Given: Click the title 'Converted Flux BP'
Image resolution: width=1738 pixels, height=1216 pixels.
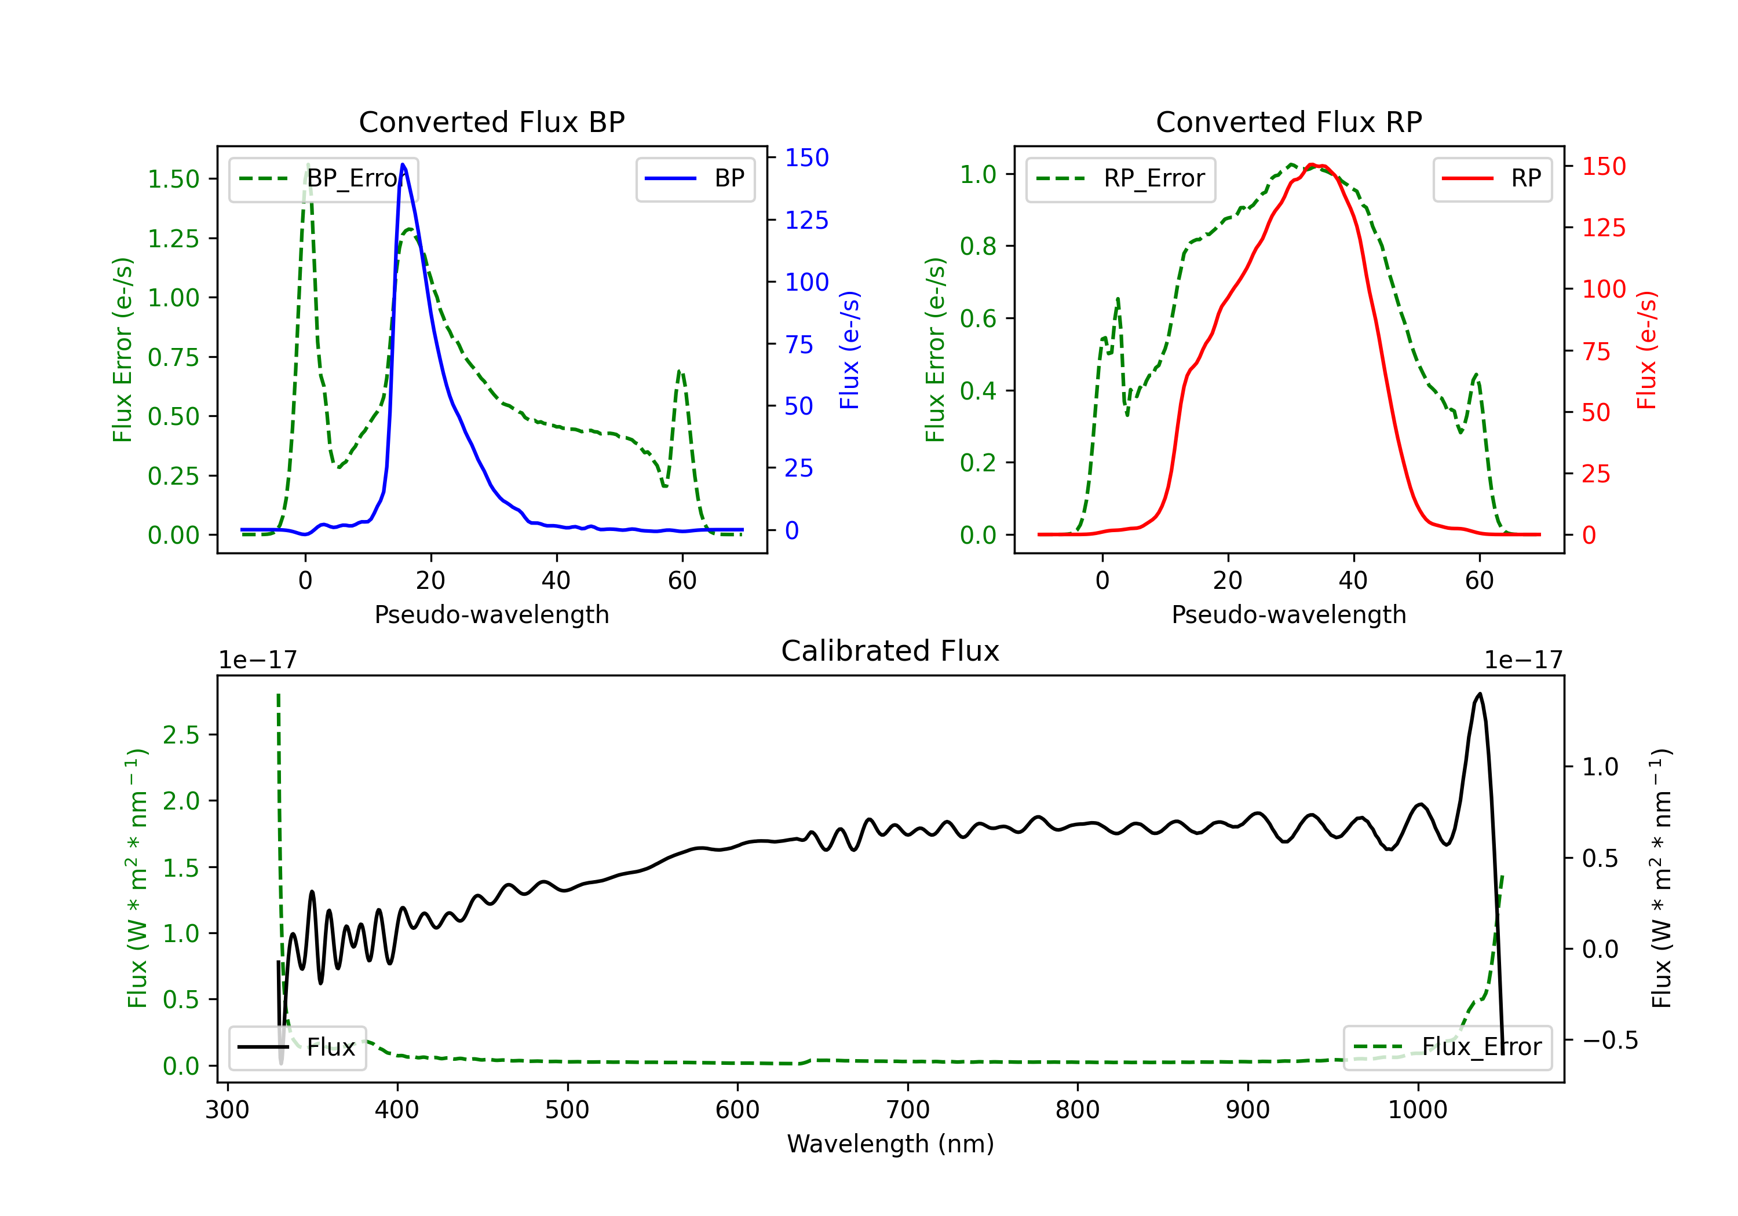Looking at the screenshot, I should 491,122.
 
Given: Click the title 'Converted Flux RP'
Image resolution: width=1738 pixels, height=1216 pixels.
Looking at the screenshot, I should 1288,122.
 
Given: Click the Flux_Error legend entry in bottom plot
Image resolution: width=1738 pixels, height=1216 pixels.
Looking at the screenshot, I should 1447,1047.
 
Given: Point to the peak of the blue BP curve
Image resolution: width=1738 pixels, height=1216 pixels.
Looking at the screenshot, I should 403,164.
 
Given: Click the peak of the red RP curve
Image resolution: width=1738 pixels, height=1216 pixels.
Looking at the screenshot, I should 1313,165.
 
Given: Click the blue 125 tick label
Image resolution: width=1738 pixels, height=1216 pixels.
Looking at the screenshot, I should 806,220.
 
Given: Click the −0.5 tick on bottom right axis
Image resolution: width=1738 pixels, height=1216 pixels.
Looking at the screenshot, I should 1609,1041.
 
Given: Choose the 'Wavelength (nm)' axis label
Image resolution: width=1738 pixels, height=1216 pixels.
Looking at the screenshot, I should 890,1144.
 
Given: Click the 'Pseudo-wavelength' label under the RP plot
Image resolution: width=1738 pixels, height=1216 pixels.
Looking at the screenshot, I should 1288,614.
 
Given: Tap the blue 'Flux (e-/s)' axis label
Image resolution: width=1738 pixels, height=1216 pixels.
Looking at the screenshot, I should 849,350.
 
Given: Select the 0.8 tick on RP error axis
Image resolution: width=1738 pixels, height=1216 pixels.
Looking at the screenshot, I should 977,246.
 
